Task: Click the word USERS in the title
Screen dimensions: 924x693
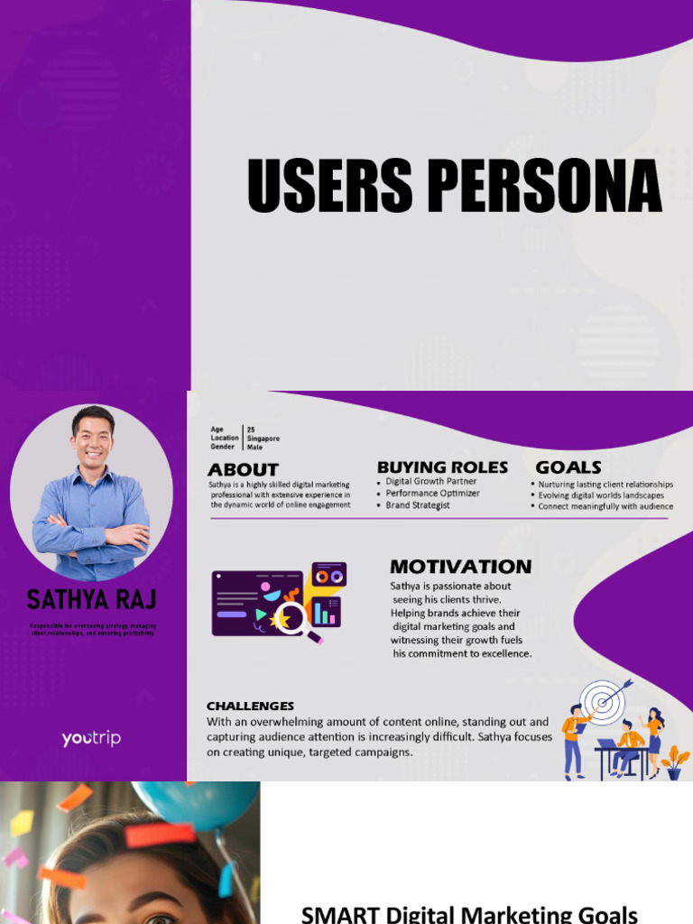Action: tap(330, 187)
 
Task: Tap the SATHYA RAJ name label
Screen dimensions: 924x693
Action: tap(91, 599)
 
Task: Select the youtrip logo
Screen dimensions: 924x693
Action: tap(91, 739)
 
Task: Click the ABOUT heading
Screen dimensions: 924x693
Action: tap(243, 469)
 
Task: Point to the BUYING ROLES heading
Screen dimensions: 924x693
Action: tap(442, 467)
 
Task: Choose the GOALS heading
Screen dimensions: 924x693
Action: tap(568, 467)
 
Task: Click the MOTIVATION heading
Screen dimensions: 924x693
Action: tap(460, 567)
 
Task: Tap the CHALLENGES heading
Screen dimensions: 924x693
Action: tap(250, 706)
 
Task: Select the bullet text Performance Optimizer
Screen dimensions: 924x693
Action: tap(432, 494)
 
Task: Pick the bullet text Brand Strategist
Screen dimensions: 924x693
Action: tap(418, 505)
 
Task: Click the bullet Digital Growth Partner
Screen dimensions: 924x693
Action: tap(431, 482)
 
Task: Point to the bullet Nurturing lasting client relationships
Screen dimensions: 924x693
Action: tap(605, 485)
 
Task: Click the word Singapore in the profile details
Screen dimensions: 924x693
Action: tap(263, 439)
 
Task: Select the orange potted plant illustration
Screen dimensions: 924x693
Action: tap(674, 762)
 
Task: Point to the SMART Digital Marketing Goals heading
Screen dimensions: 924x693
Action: tap(469, 913)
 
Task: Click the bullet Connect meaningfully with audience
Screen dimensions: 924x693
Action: tap(605, 506)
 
